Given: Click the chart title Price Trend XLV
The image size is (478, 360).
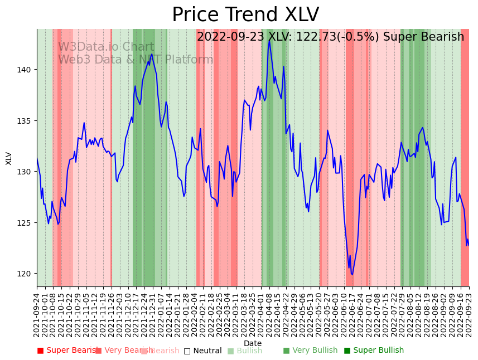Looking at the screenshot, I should pos(245,15).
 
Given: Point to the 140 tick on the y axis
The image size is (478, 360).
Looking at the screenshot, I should pos(25,70).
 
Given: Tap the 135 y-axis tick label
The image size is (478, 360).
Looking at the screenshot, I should pos(25,121).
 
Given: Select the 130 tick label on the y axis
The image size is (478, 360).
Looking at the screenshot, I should pos(25,172).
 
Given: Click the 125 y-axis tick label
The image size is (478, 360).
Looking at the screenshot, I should pos(25,223).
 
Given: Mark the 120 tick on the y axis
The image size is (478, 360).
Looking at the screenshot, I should pos(25,274).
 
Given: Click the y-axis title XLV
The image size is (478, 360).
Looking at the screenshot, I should pos(9,158).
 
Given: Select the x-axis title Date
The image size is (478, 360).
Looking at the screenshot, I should pos(253,344).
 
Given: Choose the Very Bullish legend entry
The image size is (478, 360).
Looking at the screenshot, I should pos(310,351).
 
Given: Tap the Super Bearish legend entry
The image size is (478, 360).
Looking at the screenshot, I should pos(68,351).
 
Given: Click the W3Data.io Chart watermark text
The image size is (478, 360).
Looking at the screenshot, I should pos(106,47).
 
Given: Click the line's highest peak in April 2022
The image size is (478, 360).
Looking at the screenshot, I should pos(269,40).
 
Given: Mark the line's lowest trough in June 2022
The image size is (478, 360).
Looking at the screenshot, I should pos(352,274).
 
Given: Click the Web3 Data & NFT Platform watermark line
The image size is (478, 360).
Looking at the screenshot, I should pos(136,60).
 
